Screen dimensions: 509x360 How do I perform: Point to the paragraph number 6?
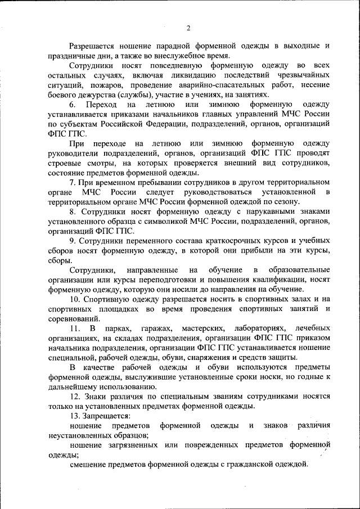[x=73, y=105]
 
